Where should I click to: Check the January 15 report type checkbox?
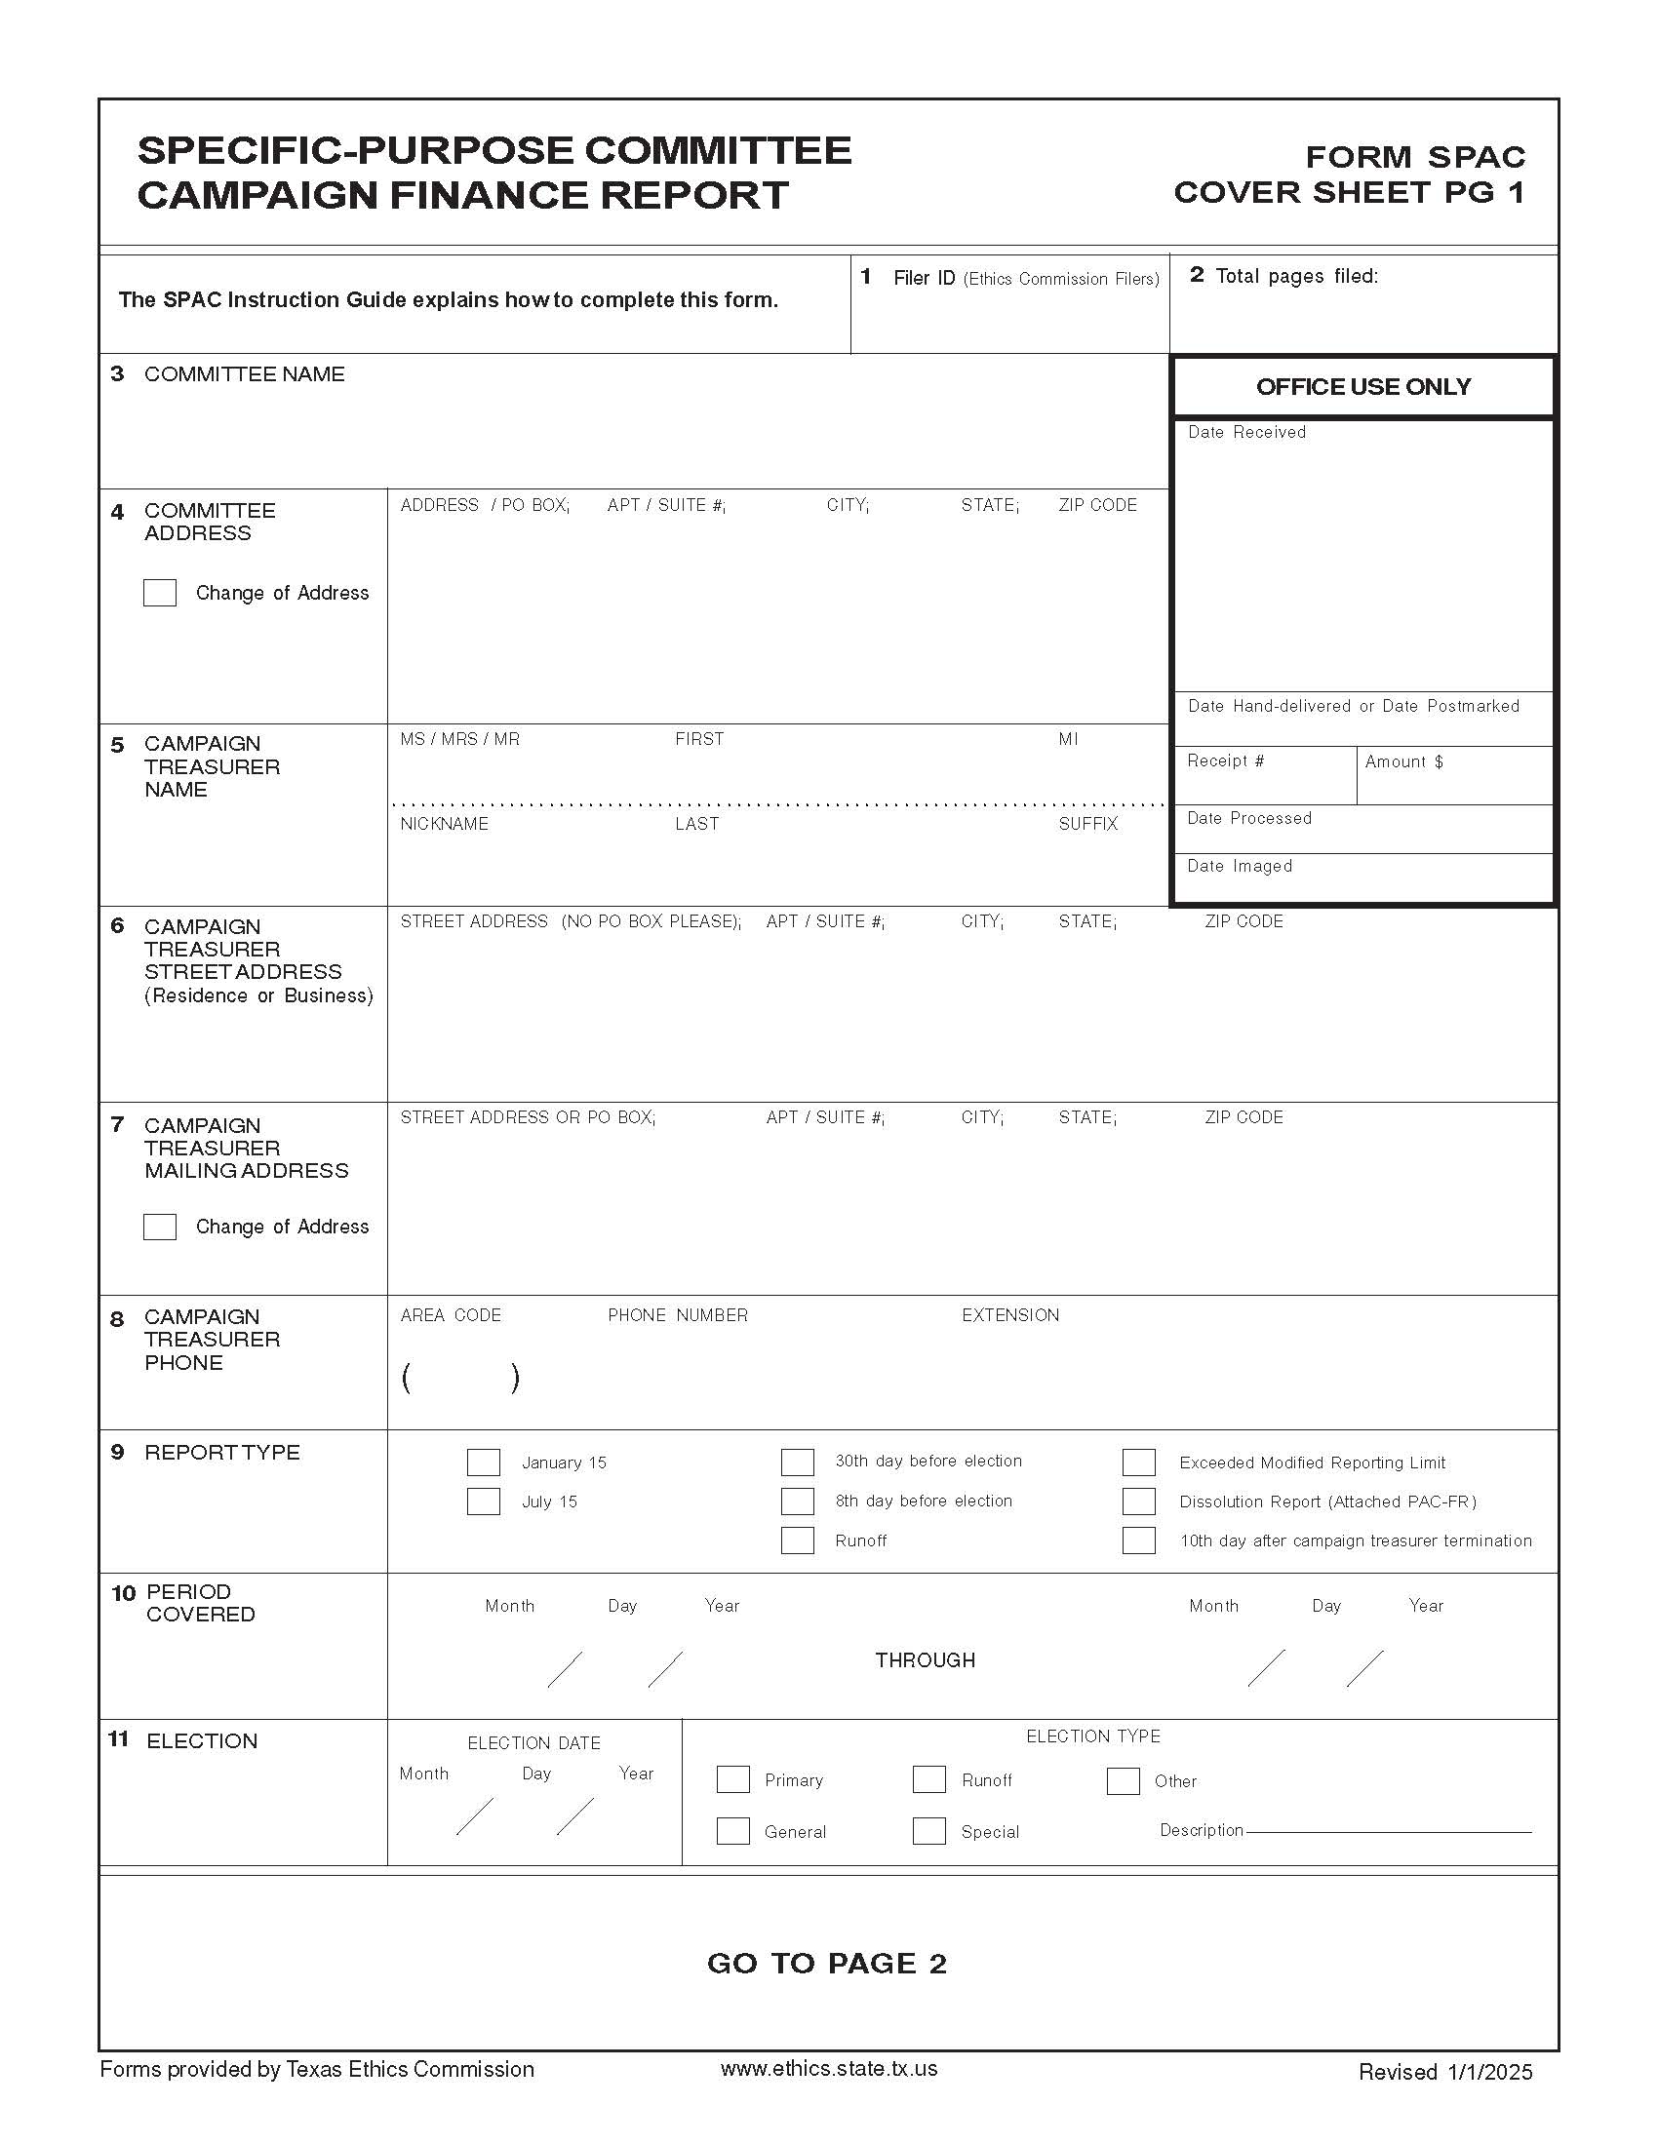483,1462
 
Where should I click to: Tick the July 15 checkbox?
483,1501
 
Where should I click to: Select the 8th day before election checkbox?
798,1501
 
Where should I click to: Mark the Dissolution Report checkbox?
1138,1501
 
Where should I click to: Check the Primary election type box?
732,1779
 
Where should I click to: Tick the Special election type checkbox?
928,1831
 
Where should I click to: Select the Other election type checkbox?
1123,1780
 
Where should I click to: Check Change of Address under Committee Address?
160,593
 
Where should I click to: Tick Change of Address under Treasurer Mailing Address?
160,1227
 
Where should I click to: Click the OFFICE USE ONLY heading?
1362,387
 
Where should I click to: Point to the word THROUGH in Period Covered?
925,1659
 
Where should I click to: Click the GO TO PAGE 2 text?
826,1964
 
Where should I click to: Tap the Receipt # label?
1225,761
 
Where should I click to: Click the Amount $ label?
1403,761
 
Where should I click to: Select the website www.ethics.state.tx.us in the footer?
828,2068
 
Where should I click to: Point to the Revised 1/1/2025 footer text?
1444,2071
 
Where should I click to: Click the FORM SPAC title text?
1414,157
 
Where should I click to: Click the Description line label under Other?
1201,1830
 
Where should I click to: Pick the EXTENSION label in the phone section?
1009,1315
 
